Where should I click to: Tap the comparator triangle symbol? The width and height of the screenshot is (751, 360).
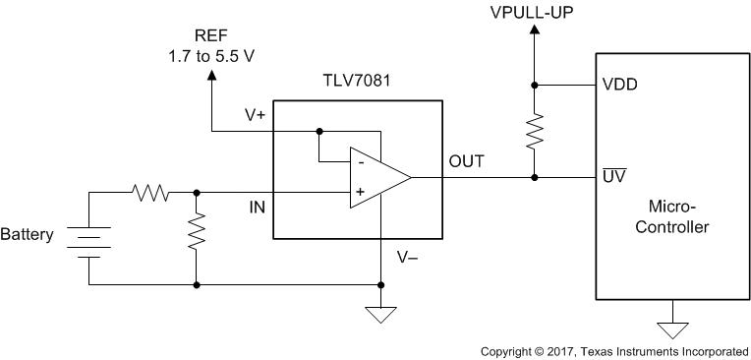(x=377, y=178)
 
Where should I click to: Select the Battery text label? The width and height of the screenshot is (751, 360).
(x=27, y=235)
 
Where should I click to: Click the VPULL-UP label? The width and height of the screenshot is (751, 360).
(x=534, y=13)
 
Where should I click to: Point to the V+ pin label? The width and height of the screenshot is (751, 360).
(x=255, y=115)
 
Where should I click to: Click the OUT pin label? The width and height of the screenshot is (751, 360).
(x=466, y=161)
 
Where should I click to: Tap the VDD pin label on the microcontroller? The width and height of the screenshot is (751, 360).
(x=618, y=85)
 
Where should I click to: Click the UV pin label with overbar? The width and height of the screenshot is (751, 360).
(x=613, y=177)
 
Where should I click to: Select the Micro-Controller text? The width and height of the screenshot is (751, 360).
(x=673, y=216)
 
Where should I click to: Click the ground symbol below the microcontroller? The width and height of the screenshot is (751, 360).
(x=673, y=330)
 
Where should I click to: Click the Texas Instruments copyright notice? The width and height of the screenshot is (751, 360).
(x=613, y=351)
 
